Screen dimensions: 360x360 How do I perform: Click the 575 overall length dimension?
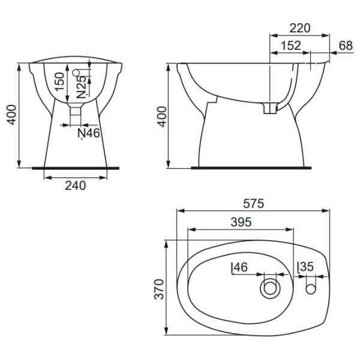pyautogui.click(x=253, y=203)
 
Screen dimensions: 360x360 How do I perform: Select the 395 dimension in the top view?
pyautogui.click(x=241, y=222)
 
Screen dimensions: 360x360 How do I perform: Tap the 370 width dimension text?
pyautogui.click(x=159, y=289)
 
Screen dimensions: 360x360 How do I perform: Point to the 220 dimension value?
pyautogui.click(x=300, y=28)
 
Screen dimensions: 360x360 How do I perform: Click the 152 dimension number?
pyautogui.click(x=290, y=46)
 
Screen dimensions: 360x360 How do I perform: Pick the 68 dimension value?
pyautogui.click(x=346, y=46)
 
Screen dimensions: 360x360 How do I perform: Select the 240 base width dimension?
pyautogui.click(x=76, y=185)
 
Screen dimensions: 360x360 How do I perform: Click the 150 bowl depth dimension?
pyautogui.click(x=60, y=82)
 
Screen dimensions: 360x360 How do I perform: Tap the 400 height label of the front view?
pyautogui.click(x=11, y=115)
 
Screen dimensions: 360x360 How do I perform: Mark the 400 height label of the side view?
pyautogui.click(x=163, y=116)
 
